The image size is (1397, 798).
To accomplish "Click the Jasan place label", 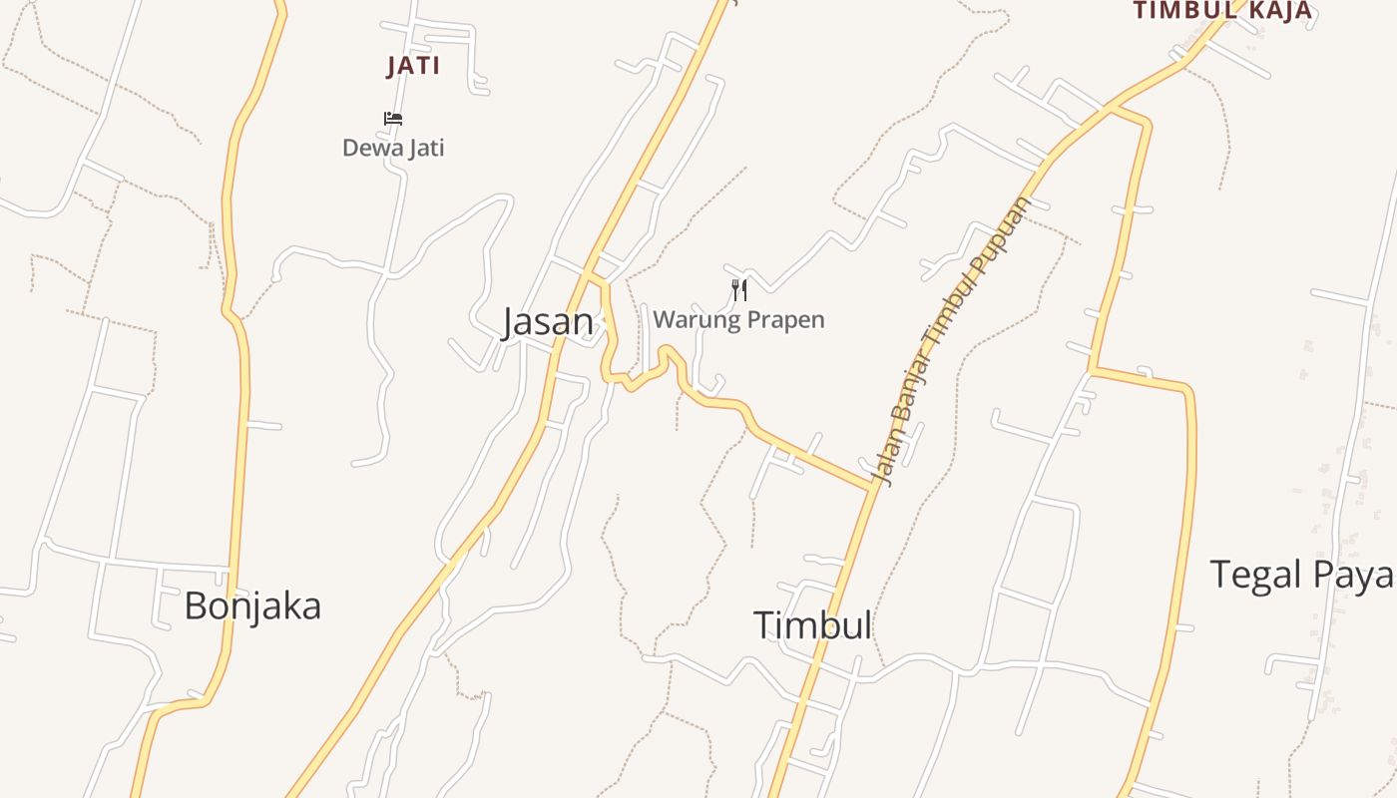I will click(547, 322).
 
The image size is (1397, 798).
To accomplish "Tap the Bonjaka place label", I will click(252, 605).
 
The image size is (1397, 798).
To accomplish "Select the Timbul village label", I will click(812, 625).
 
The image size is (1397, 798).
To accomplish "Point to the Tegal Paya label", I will click(1301, 575).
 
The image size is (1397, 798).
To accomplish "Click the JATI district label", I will click(413, 67).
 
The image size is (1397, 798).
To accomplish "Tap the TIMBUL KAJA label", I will click(1222, 11).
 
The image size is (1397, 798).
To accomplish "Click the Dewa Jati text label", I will click(393, 148).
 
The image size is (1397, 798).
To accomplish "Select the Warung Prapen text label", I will click(738, 319).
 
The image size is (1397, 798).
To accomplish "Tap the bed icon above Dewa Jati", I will click(393, 119).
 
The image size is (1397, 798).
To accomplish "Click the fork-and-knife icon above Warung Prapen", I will click(739, 290).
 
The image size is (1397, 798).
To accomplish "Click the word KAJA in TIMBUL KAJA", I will click(1277, 11).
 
